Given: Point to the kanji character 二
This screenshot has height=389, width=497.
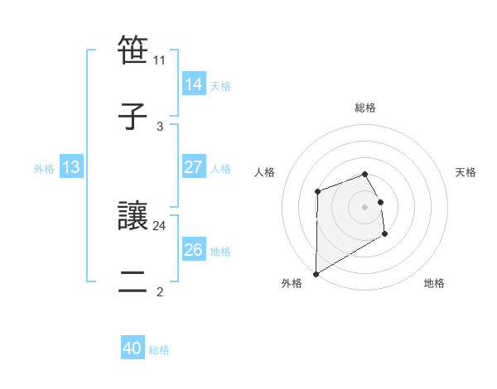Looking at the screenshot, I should (133, 282).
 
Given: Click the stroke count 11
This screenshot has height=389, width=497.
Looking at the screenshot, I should (160, 60).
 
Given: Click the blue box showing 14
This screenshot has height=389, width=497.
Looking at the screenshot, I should (193, 84).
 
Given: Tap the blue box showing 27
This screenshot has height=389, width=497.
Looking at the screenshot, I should (193, 167).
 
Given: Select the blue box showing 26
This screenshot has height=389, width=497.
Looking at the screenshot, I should (193, 250).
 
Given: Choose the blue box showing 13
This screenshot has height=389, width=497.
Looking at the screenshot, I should (71, 168).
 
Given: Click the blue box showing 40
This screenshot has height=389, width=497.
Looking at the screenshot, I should (133, 349).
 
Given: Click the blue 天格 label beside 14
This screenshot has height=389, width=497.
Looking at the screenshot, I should (220, 85).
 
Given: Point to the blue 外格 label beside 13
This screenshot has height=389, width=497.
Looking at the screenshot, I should (44, 169).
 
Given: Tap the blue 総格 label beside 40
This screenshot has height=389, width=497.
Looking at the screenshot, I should (159, 350).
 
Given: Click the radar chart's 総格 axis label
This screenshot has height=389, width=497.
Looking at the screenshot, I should (365, 108).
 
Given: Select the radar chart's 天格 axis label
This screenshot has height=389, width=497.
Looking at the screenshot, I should (466, 172).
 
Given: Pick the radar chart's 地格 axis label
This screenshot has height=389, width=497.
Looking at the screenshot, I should (434, 283).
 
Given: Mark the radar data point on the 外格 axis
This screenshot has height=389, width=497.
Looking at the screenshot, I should (316, 273).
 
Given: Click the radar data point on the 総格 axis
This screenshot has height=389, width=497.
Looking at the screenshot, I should (364, 174).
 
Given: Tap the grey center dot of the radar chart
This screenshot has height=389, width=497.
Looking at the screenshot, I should (364, 206).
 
